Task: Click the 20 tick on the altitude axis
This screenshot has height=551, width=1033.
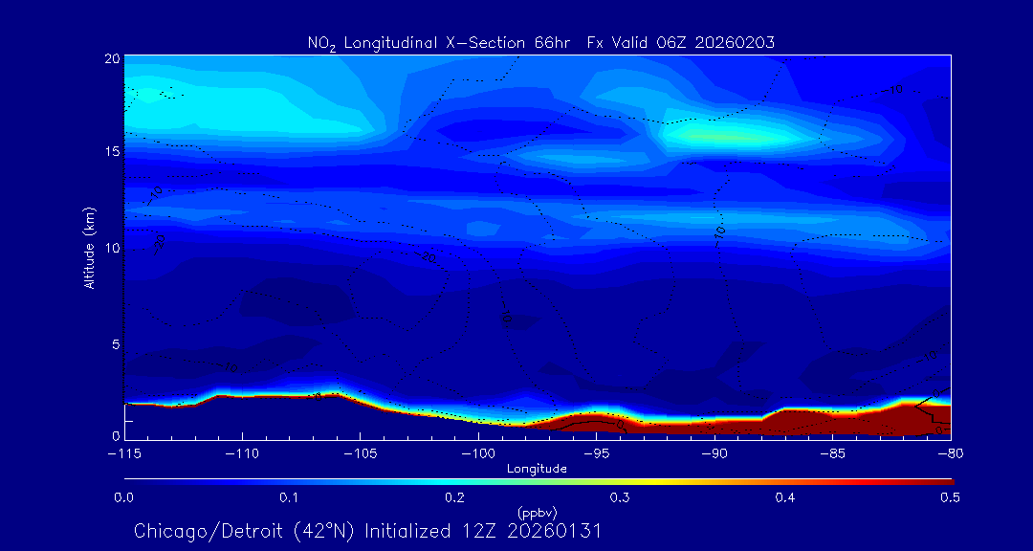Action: [x=111, y=58]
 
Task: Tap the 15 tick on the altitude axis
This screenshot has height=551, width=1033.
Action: [x=111, y=153]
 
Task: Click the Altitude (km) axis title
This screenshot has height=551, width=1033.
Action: [x=89, y=248]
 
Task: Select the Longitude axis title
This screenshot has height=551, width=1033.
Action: [x=537, y=469]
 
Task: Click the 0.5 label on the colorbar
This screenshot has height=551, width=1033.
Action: [x=951, y=497]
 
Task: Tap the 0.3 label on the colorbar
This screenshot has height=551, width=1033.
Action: [x=620, y=497]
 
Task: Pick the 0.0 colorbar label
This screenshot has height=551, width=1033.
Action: [x=123, y=497]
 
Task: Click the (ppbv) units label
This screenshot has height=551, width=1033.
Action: [x=537, y=513]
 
